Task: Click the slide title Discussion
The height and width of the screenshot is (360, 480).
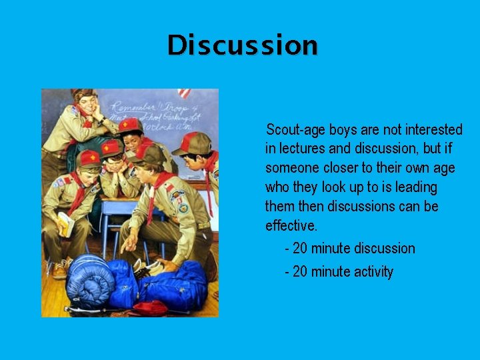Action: [243, 45]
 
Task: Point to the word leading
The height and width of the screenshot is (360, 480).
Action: [415, 187]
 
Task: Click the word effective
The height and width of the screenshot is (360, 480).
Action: [291, 225]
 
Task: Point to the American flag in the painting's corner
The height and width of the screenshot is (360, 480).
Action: [184, 93]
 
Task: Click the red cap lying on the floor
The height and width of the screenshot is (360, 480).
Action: [149, 307]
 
